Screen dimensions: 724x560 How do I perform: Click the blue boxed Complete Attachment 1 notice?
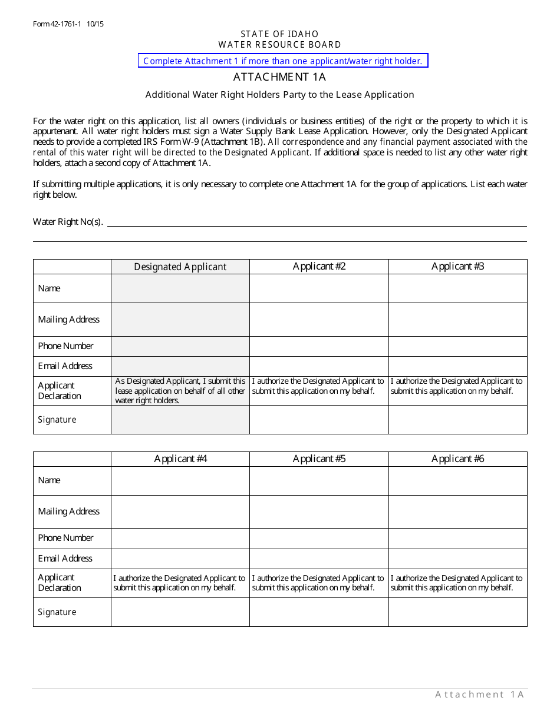click(283, 61)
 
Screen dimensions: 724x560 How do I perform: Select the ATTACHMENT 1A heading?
click(279, 77)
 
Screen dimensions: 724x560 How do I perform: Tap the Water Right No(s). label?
click(68, 222)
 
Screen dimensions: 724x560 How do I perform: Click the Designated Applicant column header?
click(180, 267)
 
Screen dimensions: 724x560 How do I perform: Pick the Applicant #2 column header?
click(319, 267)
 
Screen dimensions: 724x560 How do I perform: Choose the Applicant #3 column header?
click(457, 267)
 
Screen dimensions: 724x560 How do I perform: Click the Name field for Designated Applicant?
click(180, 288)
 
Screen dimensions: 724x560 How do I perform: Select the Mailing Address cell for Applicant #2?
click(319, 320)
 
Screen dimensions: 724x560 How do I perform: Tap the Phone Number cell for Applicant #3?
click(457, 346)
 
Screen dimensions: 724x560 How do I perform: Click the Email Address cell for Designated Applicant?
click(180, 366)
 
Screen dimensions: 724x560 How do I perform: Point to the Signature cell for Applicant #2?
click(319, 420)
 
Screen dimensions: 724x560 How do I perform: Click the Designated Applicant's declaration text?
click(180, 391)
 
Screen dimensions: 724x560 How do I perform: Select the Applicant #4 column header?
click(180, 459)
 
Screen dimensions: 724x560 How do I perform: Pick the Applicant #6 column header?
click(457, 459)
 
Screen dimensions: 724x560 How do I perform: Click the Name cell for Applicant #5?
click(319, 480)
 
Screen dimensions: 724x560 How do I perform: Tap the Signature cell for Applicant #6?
click(457, 612)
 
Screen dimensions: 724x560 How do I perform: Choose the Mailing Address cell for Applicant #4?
click(180, 512)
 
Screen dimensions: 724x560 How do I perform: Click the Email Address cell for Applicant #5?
click(319, 559)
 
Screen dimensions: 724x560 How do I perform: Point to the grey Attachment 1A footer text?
click(479, 695)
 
